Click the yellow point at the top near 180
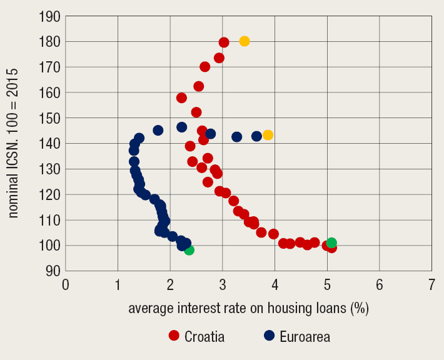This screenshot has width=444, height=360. [x=245, y=41]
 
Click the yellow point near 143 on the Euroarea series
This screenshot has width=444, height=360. [x=268, y=135]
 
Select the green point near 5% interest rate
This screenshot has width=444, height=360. [x=331, y=242]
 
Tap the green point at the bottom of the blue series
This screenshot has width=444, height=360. [x=189, y=250]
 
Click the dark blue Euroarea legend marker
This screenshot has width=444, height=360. [x=270, y=336]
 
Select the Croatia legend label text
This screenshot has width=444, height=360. [x=204, y=336]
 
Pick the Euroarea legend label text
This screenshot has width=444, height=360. [x=305, y=336]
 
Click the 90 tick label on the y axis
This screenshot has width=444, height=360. [x=52, y=271]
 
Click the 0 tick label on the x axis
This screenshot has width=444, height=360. [x=66, y=285]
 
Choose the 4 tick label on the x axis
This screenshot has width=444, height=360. [x=275, y=285]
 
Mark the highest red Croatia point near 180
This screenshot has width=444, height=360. [x=224, y=42]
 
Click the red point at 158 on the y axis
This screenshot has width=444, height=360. [x=181, y=97]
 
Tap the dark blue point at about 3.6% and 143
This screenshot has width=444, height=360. [x=256, y=136]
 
